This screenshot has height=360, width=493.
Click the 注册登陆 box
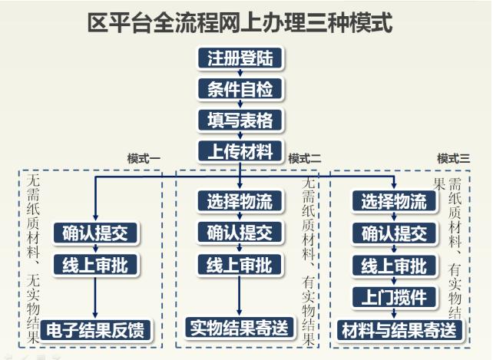[240, 58]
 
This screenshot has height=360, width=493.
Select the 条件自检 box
[240, 88]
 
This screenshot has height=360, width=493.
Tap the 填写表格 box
[240, 120]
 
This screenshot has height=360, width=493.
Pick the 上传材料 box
[240, 150]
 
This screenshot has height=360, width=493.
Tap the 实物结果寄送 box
[240, 329]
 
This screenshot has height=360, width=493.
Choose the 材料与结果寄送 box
[402, 329]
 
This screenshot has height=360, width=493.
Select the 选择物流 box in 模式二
[240, 202]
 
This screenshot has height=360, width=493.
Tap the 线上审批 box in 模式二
[240, 266]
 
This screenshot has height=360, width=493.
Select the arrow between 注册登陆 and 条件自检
[240, 73]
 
